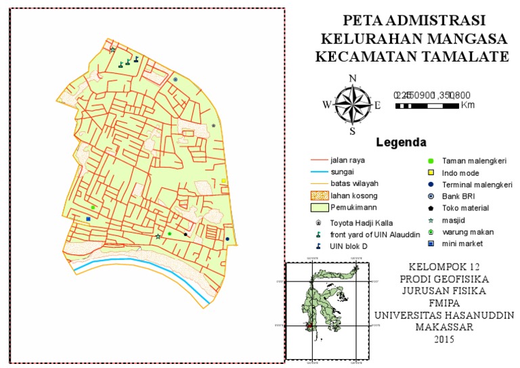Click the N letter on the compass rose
[x=352, y=78]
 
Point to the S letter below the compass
[x=352, y=131]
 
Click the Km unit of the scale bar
[x=467, y=106]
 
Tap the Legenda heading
[x=401, y=143]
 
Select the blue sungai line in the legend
[x=318, y=172]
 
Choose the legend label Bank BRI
[x=456, y=196]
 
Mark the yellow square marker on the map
[x=223, y=181]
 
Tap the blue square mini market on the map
[x=88, y=219]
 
